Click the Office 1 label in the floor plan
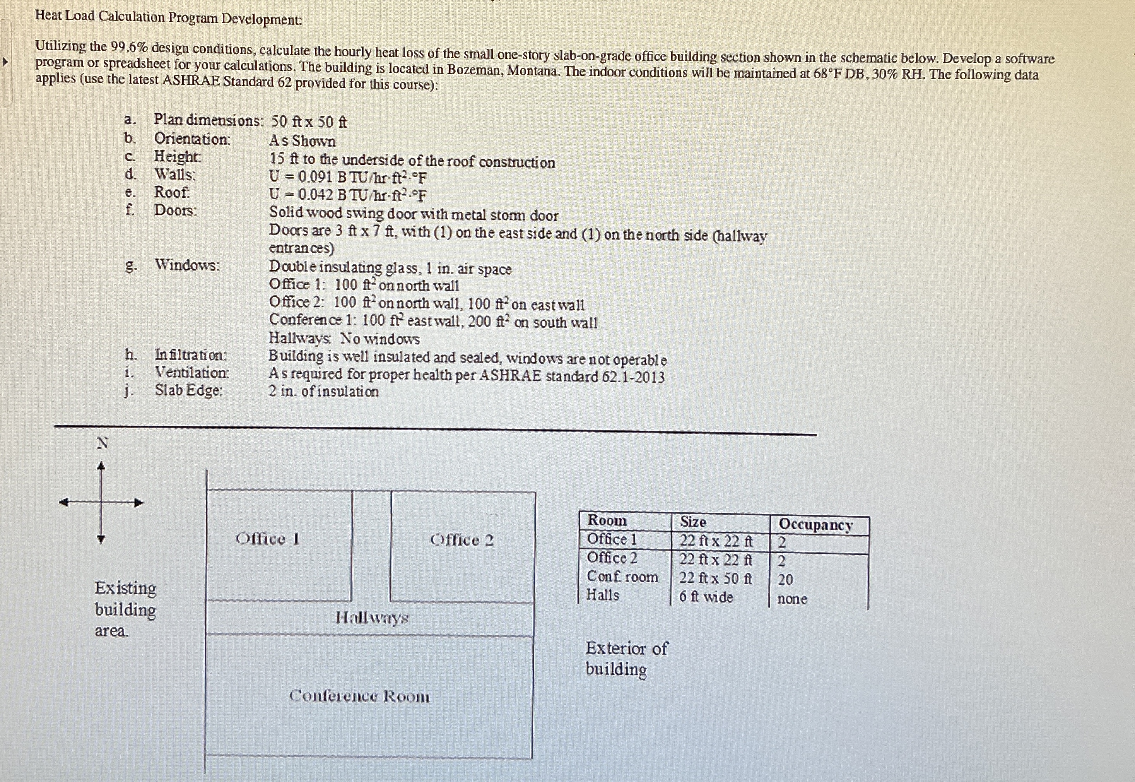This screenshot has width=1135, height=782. [x=267, y=539]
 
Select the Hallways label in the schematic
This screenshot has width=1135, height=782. [x=372, y=618]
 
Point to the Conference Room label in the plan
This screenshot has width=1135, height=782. [x=359, y=696]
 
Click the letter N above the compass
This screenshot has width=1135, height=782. [x=102, y=443]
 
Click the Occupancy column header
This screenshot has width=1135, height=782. [x=815, y=524]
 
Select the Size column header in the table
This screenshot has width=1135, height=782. [x=693, y=522]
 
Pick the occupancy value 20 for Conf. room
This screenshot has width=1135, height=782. [x=785, y=580]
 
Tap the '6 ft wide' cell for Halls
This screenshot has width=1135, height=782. [x=706, y=597]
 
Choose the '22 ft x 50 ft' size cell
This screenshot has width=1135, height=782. [x=715, y=578]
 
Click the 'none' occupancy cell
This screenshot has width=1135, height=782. [x=792, y=599]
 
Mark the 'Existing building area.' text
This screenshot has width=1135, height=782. [x=125, y=609]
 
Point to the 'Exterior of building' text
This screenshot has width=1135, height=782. [x=626, y=659]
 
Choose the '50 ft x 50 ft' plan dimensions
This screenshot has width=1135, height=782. [x=309, y=121]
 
